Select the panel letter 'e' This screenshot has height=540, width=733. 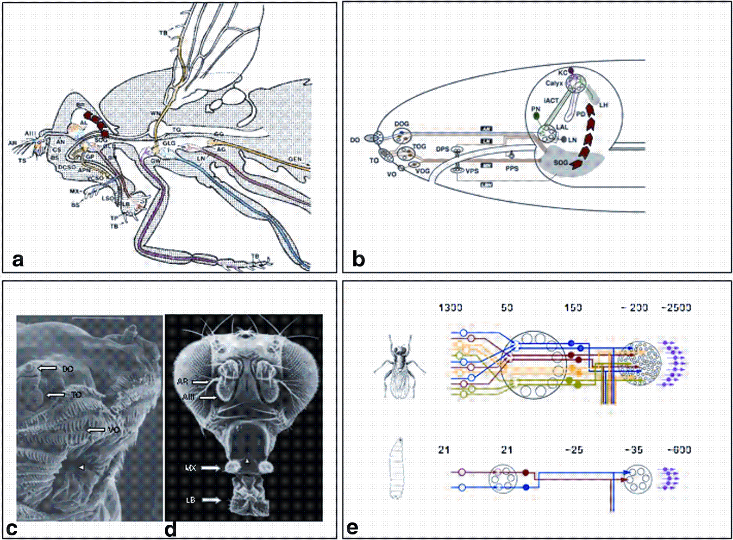pos(352,527)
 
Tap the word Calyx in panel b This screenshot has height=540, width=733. pos(554,83)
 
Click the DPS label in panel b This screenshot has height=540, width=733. pos(443,149)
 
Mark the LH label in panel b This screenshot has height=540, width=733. pos(603,105)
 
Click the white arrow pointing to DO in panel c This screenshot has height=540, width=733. pos(46,368)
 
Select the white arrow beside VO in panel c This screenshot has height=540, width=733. pos(96,430)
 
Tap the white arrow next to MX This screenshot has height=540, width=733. pos(211,468)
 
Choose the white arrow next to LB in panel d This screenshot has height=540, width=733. pos(211,500)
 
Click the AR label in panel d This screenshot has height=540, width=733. pos(182,382)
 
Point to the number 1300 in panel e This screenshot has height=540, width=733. pos(451,308)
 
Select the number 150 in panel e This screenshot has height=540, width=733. pos(573,308)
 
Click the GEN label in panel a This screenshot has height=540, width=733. pos(294,159)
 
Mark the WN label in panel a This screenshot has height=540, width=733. pos(155,113)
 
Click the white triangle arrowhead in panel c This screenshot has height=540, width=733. pos(82,468)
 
